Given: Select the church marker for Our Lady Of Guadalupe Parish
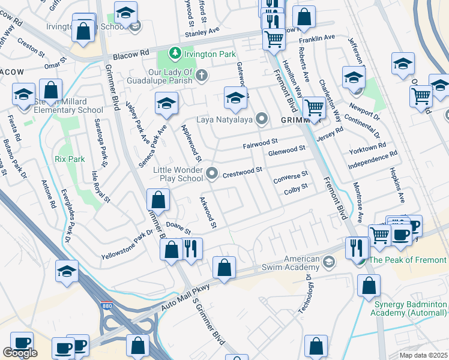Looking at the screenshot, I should click(x=202, y=75).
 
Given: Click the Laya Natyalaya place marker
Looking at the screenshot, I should click(x=261, y=118).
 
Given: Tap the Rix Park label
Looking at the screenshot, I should click(x=70, y=159).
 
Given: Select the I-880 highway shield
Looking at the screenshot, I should click(x=107, y=305).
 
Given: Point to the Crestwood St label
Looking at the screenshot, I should click(x=243, y=171).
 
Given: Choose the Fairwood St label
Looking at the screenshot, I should click(x=261, y=145).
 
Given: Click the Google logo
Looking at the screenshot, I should click(x=20, y=353).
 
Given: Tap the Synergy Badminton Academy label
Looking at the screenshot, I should click(x=408, y=309).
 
